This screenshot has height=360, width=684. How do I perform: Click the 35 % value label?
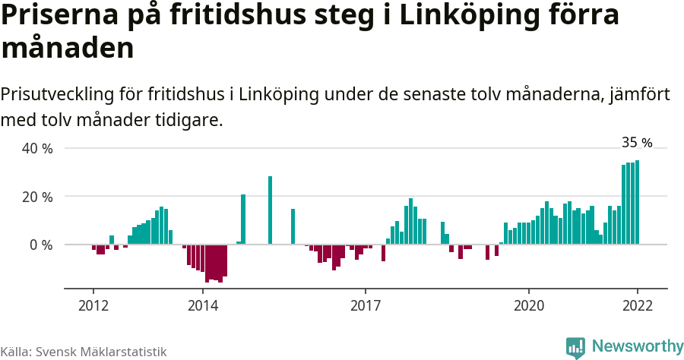[637, 142]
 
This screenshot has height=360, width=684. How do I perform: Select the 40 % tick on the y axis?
[36, 148]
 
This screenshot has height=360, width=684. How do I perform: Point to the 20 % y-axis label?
[36, 197]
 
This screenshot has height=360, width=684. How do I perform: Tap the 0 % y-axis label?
[40, 245]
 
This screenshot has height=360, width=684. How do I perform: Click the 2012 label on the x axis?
[93, 305]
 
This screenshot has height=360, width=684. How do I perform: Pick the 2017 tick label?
[366, 305]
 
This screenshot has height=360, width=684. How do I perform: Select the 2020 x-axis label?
[528, 305]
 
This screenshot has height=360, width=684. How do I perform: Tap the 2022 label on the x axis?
[637, 305]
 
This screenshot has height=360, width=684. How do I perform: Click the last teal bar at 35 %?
[637, 202]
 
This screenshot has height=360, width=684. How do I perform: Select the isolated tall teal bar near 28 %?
[270, 210]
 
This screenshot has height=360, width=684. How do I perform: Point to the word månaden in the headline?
[68, 47]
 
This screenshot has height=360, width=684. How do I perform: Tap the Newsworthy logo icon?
[575, 347]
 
